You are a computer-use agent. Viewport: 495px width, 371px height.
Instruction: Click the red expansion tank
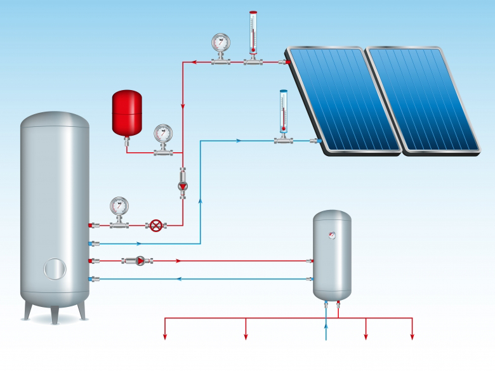126,113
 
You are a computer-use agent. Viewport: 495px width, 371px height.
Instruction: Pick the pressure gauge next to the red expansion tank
162,134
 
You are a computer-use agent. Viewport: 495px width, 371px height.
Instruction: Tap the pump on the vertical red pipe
183,186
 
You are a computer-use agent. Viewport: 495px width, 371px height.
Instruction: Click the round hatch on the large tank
55,268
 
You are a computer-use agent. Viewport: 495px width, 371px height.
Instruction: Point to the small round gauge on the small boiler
331,235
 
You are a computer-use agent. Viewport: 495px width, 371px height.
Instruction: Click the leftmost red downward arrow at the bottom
166,335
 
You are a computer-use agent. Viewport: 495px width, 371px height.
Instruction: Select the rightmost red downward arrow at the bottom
412,335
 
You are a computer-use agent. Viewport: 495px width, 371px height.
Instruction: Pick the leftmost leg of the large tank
27,310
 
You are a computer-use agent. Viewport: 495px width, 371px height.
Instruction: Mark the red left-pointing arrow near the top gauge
194,62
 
